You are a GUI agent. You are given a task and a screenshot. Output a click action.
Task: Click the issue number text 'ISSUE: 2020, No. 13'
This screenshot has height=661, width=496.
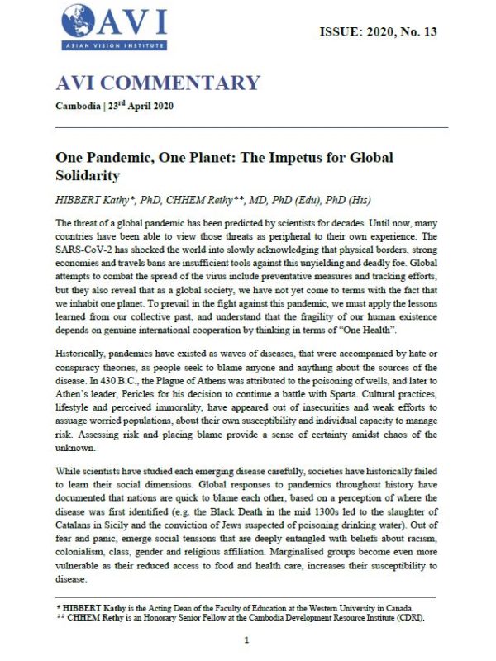(378, 32)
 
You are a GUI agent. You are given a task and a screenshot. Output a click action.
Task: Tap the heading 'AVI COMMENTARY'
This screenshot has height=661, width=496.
(158, 83)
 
